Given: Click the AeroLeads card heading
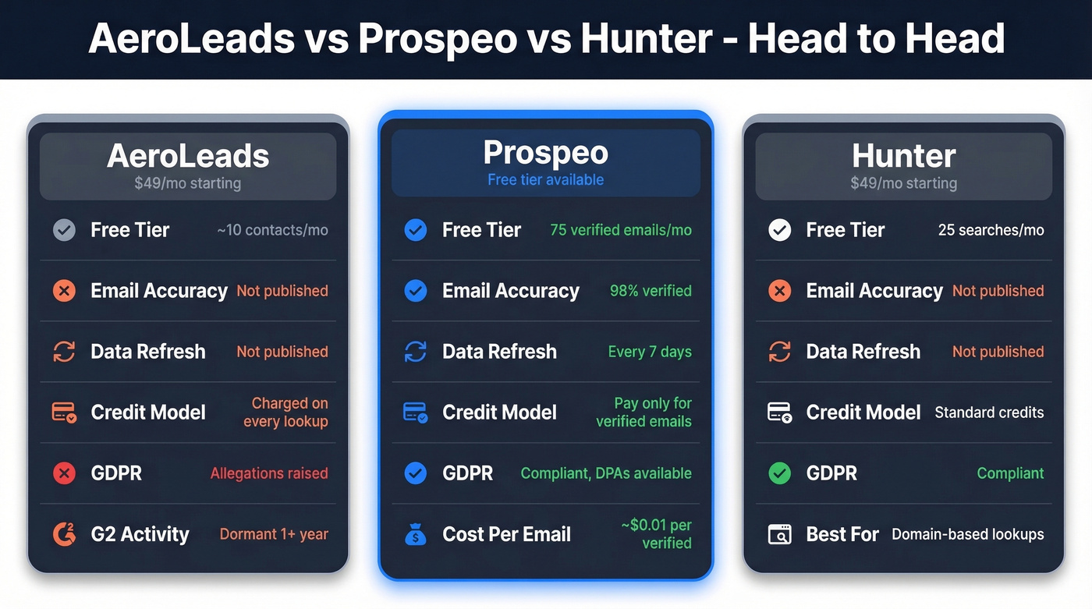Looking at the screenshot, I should click(188, 157).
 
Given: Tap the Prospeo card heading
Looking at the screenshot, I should click(545, 153).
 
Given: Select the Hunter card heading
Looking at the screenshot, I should click(903, 157).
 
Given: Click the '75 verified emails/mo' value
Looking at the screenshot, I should click(621, 230).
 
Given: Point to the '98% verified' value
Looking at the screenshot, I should click(651, 291).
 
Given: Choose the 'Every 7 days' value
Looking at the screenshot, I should click(650, 352).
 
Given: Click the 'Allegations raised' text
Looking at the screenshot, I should click(269, 473).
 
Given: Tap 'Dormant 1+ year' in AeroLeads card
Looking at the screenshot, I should click(274, 534).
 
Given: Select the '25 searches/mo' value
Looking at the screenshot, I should click(991, 230).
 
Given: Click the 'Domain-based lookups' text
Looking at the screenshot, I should click(967, 534).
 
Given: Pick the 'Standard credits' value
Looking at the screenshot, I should click(989, 412).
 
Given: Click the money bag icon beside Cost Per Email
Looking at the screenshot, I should click(415, 535).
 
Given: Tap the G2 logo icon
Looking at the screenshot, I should click(64, 534).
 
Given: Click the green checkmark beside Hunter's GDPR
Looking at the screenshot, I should click(779, 473).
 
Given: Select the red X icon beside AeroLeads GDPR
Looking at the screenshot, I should click(64, 473).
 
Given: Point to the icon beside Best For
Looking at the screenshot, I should click(779, 534).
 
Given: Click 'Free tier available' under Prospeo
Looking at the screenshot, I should click(545, 180).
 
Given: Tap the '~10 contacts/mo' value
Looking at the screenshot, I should click(272, 230).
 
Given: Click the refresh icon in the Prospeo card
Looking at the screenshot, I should click(415, 352).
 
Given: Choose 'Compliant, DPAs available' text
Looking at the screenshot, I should click(606, 473).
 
